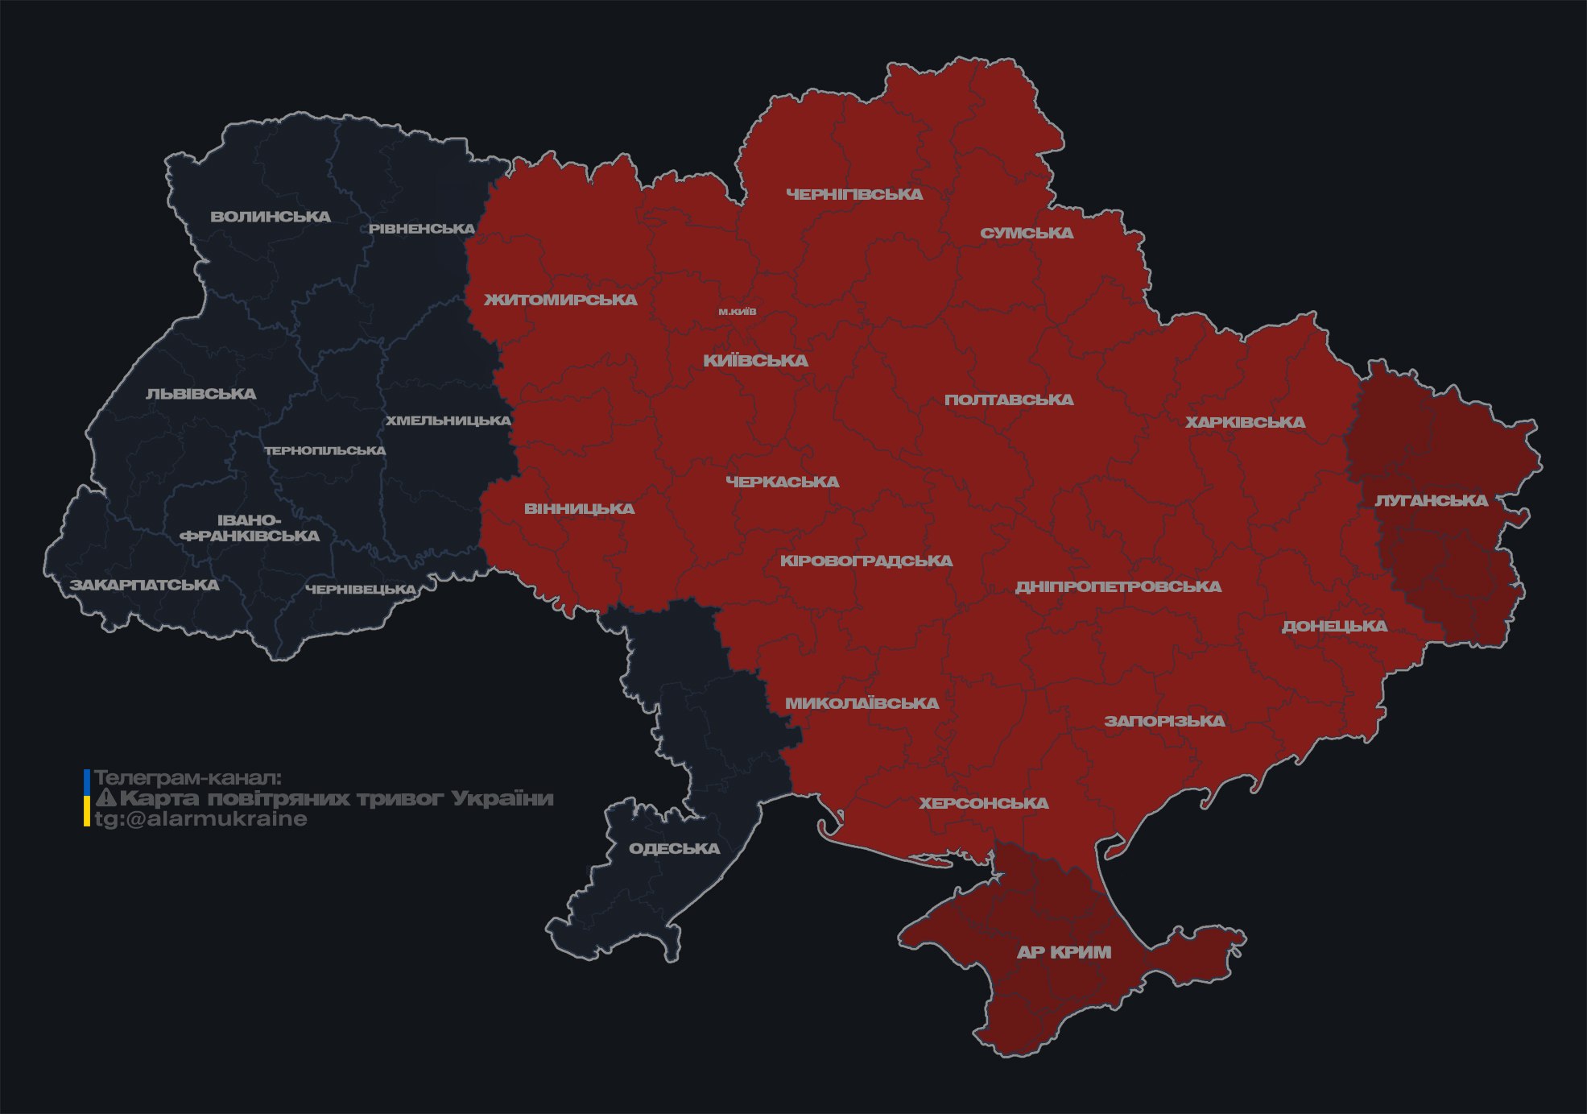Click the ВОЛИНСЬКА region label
pyautogui.click(x=271, y=217)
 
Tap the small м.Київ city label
pyautogui.click(x=738, y=312)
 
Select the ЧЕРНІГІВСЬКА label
pyautogui.click(x=854, y=195)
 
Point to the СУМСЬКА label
pyautogui.click(x=1027, y=234)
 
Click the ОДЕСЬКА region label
pyautogui.click(x=674, y=849)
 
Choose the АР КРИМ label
pyautogui.click(x=1064, y=953)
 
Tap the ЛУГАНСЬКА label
pyautogui.click(x=1431, y=501)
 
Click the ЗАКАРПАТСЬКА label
pyautogui.click(x=144, y=585)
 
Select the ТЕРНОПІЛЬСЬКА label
pyautogui.click(x=325, y=451)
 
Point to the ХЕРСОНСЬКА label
pyautogui.click(x=984, y=804)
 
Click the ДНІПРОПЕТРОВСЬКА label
pyautogui.click(x=1118, y=587)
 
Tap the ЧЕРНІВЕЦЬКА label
pyautogui.click(x=361, y=590)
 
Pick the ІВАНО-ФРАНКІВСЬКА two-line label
pyautogui.click(x=250, y=528)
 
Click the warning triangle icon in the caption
pyautogui.click(x=105, y=798)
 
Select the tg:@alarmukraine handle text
pyautogui.click(x=200, y=819)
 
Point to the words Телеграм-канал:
pyautogui.click(x=188, y=778)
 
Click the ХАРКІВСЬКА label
pyautogui.click(x=1245, y=423)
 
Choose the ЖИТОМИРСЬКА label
pyautogui.click(x=560, y=300)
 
